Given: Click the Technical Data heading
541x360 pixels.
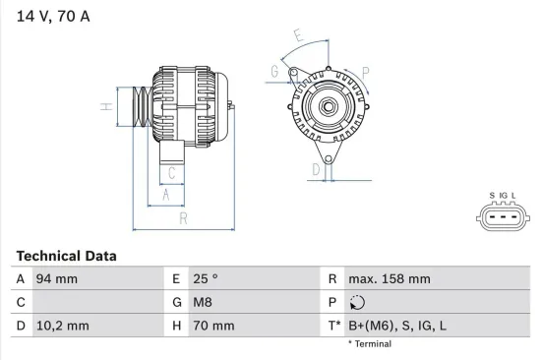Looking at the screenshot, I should coord(66,256).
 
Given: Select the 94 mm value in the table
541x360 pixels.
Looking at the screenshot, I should coord(57,279).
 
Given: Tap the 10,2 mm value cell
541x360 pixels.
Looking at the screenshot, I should coord(62,326).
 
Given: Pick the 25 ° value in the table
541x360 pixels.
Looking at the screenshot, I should coord(206,279).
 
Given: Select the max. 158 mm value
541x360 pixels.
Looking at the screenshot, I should coord(391,279).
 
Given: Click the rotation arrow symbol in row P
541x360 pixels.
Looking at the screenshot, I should coord(357,303).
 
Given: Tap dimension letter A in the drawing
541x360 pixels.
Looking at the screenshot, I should coord(167,196).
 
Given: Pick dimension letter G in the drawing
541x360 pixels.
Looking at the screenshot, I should coord(274,70).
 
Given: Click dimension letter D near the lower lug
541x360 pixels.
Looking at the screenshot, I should coord(315,170).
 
